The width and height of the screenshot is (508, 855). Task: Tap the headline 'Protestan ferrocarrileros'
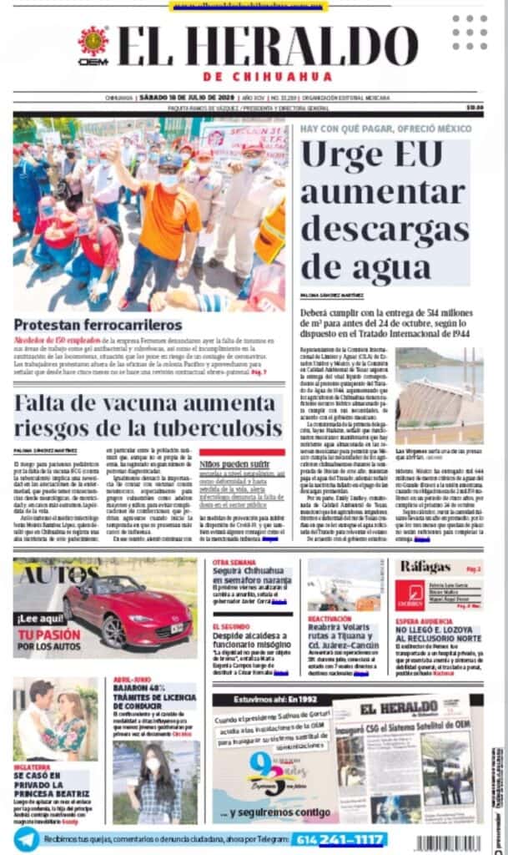pos(98,325)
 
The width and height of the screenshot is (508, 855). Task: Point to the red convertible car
pos(127,611)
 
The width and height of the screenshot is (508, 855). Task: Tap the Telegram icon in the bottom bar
pos(26,837)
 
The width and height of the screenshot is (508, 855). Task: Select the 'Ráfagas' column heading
pos(425,567)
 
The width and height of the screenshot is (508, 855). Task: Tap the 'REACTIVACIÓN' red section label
pos(329,619)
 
